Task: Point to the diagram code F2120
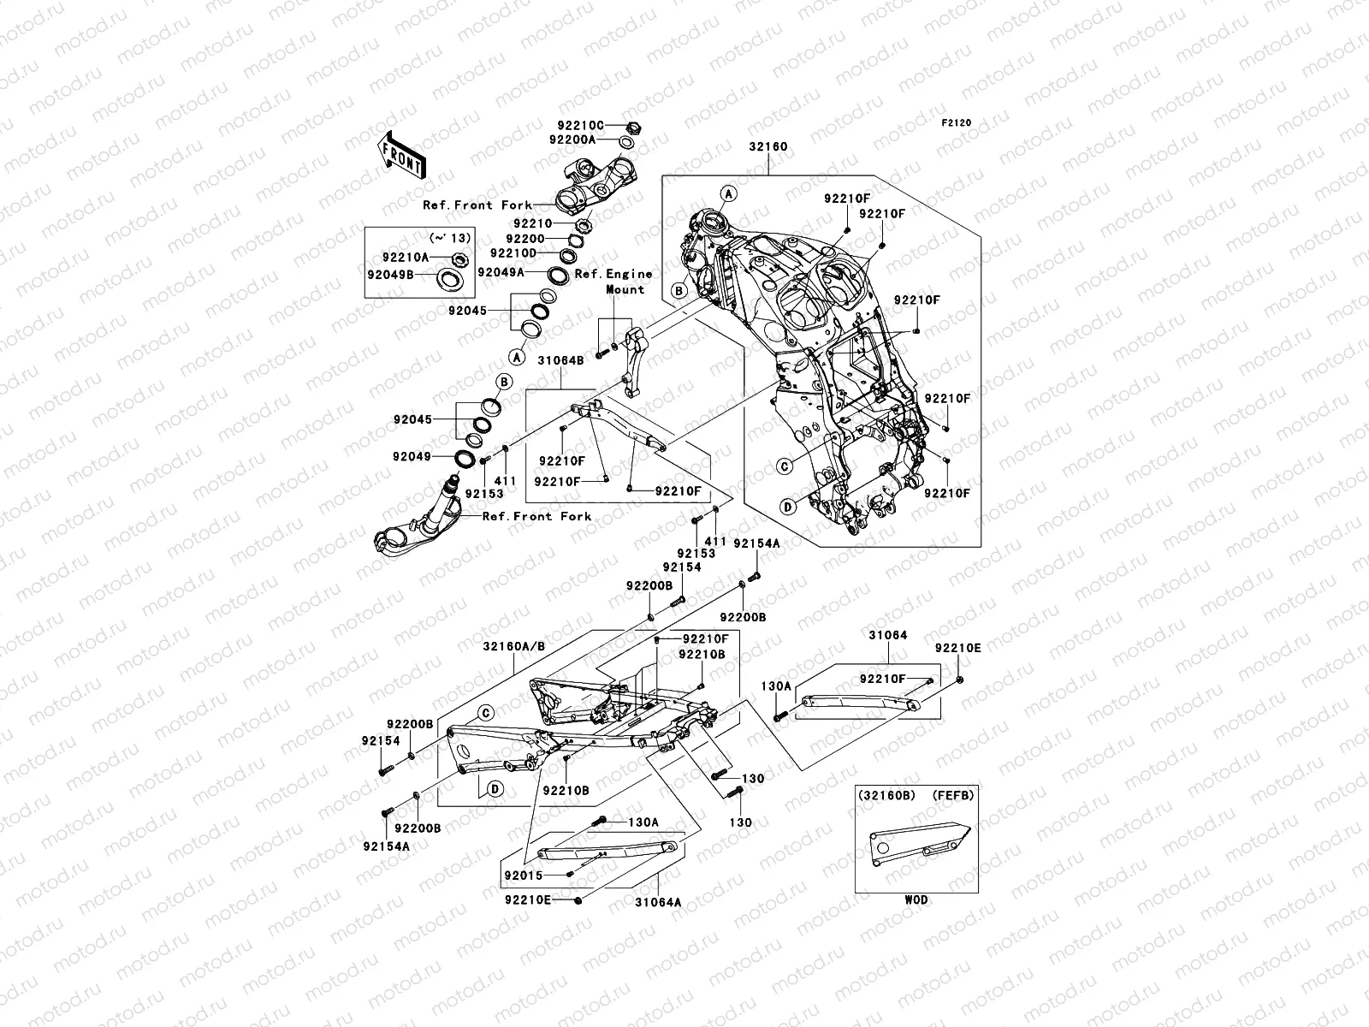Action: point(957,123)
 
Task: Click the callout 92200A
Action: point(572,139)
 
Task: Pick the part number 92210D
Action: point(513,253)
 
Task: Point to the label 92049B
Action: point(390,276)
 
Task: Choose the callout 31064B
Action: point(560,361)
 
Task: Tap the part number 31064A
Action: point(658,901)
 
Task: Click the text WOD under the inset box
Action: point(915,899)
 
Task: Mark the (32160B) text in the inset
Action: point(886,795)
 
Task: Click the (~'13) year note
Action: point(445,237)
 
